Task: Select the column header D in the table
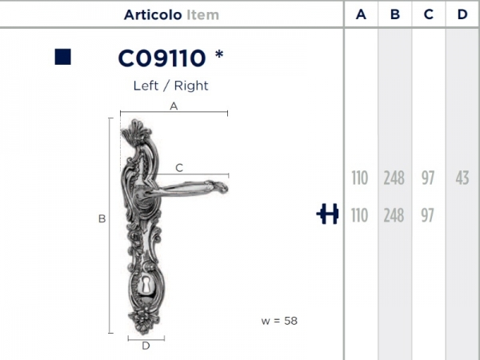coord(462,14)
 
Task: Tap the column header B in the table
coord(394,14)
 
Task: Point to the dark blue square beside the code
coord(63,57)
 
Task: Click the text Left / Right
coord(170,85)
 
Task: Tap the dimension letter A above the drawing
coord(174,106)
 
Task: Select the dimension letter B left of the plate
coord(102,218)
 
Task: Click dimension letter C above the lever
coord(179,167)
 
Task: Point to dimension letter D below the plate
coord(146,346)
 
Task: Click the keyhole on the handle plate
coord(147,286)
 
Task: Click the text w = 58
coord(278,321)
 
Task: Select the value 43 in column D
coord(462,178)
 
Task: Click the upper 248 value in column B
coord(394,178)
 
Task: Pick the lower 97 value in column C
coord(428,215)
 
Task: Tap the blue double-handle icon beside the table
coord(327,214)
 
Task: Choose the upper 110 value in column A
coord(360,178)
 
